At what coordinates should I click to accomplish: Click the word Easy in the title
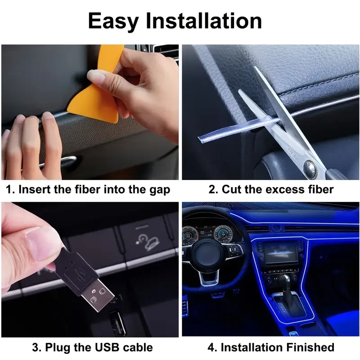pos(113,21)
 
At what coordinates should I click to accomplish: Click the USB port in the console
pos(117,323)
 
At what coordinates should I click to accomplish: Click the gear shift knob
pos(286,279)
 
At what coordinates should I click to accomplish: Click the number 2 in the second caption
pos(211,189)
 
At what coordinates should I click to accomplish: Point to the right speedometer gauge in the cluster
pos(223,234)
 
